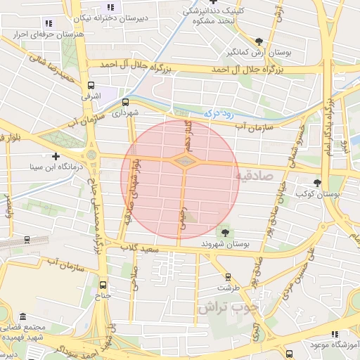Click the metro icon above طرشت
[x=227, y=276]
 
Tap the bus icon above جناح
[x=104, y=285]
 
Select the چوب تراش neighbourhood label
[x=227, y=307]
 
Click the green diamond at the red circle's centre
[x=183, y=162]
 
